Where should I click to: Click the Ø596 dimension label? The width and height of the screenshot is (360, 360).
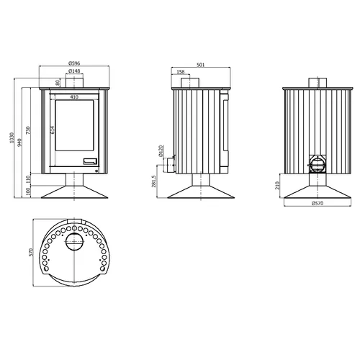click(x=74, y=63)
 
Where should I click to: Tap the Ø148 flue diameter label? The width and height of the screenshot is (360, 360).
click(x=74, y=71)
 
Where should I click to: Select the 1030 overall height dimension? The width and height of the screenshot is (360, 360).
click(x=12, y=138)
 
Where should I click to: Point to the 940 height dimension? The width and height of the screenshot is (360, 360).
click(x=20, y=143)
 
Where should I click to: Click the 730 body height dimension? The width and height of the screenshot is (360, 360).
click(x=28, y=130)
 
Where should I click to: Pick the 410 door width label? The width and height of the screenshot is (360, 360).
click(x=74, y=97)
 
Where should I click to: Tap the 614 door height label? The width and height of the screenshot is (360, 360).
click(x=53, y=130)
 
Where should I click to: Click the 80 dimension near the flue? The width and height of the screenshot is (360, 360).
click(x=57, y=83)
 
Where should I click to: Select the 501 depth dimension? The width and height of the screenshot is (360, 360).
click(x=201, y=65)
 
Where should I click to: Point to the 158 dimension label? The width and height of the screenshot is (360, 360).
click(x=181, y=72)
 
